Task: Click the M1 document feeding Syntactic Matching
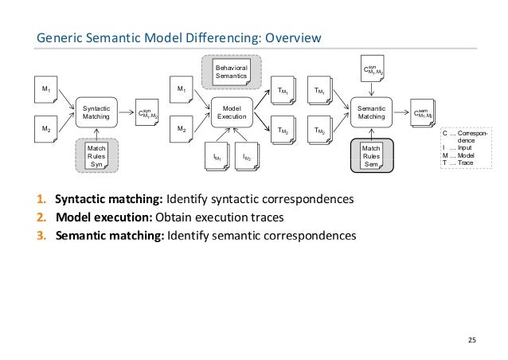[x=46, y=90]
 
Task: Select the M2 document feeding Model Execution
[x=184, y=127]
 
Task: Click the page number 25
[x=471, y=341]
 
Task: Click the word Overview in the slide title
[x=292, y=37]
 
